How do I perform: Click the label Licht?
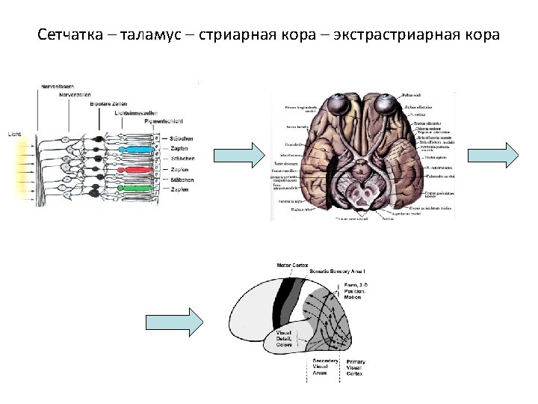point(14,134)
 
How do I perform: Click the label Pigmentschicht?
point(162,120)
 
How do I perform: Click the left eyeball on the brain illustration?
point(330,105)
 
